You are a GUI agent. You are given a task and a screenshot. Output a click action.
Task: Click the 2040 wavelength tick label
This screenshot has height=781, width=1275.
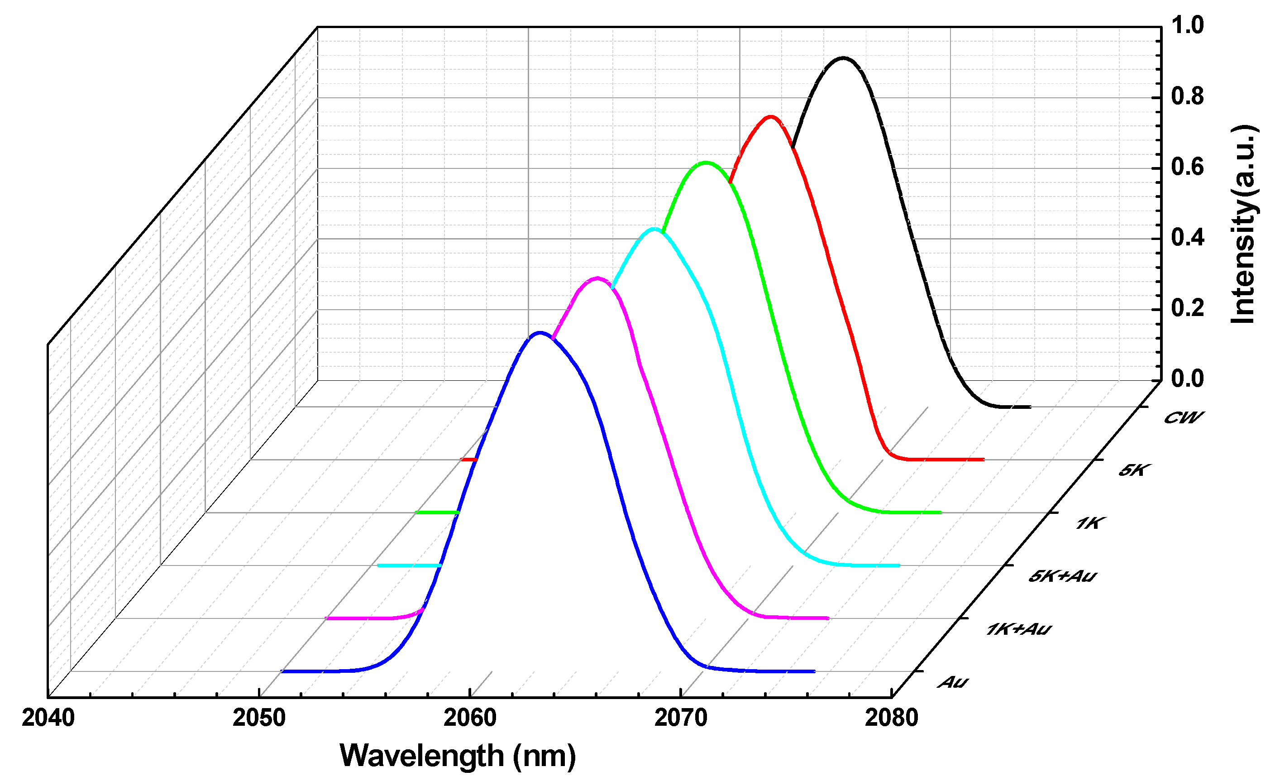click(48, 718)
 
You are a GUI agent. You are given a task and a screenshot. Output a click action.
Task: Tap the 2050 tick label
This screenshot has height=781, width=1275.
click(259, 718)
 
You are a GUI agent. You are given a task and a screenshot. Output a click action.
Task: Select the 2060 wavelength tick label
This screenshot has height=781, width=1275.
click(470, 718)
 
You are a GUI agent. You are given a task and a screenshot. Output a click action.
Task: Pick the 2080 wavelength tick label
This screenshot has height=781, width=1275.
click(892, 718)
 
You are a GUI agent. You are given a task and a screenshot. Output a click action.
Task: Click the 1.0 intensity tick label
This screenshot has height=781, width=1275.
click(1188, 25)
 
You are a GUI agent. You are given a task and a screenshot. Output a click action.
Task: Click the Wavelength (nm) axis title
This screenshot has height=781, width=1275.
click(458, 756)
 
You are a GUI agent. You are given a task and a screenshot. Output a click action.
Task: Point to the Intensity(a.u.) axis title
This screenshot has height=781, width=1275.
click(1243, 224)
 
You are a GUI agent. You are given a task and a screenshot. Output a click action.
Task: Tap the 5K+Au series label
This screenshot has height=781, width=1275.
click(1062, 575)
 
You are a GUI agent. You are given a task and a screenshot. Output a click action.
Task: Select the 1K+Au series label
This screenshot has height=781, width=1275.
click(1018, 629)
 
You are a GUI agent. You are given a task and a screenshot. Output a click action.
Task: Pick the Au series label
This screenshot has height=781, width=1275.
click(953, 682)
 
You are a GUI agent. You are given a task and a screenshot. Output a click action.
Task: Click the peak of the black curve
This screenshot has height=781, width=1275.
click(843, 58)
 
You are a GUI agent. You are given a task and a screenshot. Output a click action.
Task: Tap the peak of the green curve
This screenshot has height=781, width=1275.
click(706, 163)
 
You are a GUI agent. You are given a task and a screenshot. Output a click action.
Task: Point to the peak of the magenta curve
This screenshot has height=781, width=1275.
click(597, 278)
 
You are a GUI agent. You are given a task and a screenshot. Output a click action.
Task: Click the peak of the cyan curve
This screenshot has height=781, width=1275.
click(654, 229)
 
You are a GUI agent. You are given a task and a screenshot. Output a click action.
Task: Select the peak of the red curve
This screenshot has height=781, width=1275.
click(771, 117)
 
